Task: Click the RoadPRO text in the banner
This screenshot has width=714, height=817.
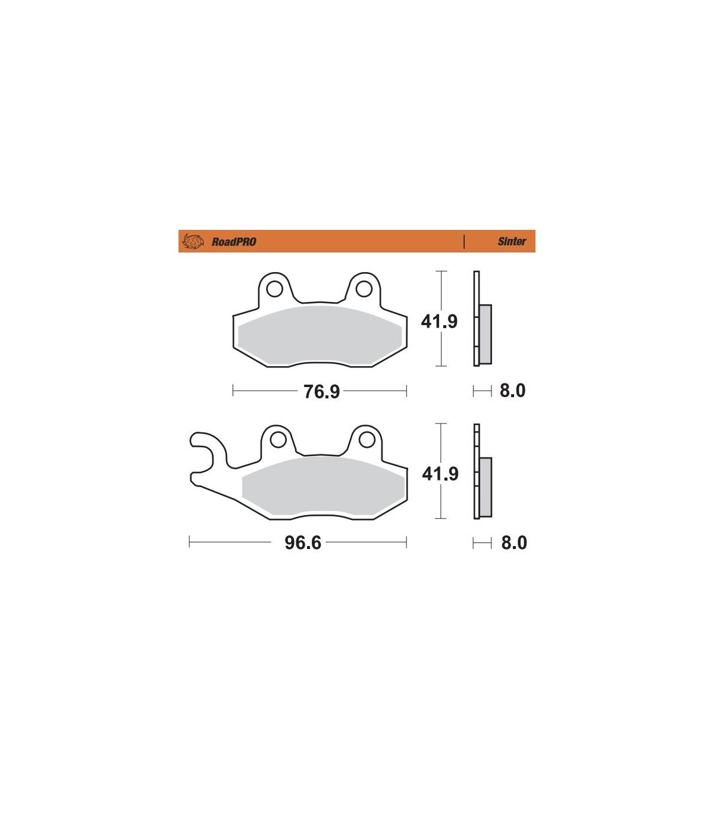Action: (x=234, y=242)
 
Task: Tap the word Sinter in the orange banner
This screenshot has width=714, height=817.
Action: (x=512, y=241)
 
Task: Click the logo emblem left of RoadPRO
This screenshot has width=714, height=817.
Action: (x=193, y=241)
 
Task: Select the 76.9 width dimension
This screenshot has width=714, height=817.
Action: (x=321, y=391)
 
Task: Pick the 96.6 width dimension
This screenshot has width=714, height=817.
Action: (x=303, y=542)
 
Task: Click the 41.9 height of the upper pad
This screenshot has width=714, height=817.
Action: (x=439, y=321)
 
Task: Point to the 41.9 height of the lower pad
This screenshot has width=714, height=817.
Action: (x=440, y=474)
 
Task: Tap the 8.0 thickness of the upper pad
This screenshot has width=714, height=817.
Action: (x=512, y=391)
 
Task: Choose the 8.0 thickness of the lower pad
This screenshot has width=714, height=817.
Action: (x=514, y=542)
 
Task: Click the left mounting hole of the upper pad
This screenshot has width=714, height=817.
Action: (x=274, y=289)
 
